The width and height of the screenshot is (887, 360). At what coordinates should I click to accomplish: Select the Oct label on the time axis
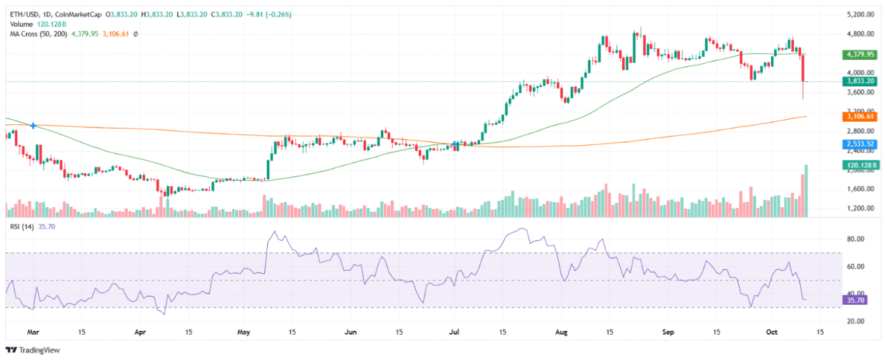point(772,331)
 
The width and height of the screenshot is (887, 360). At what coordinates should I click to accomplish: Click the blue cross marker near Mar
point(33,126)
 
